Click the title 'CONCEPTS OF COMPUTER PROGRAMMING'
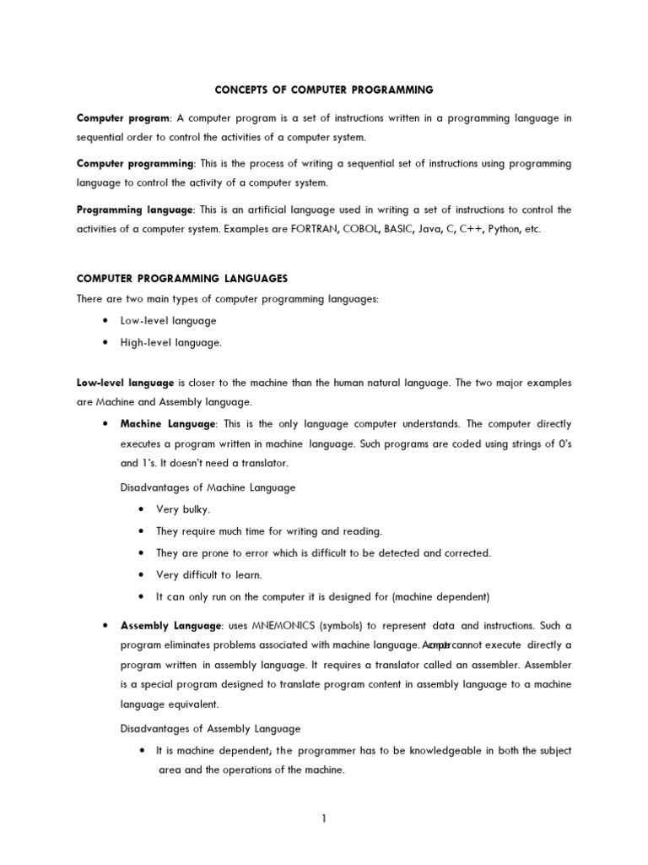(x=324, y=89)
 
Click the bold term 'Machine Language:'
(x=169, y=423)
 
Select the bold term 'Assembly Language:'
(x=171, y=625)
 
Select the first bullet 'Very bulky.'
(x=183, y=509)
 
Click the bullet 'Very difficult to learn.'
(x=209, y=575)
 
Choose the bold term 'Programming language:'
(x=137, y=209)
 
